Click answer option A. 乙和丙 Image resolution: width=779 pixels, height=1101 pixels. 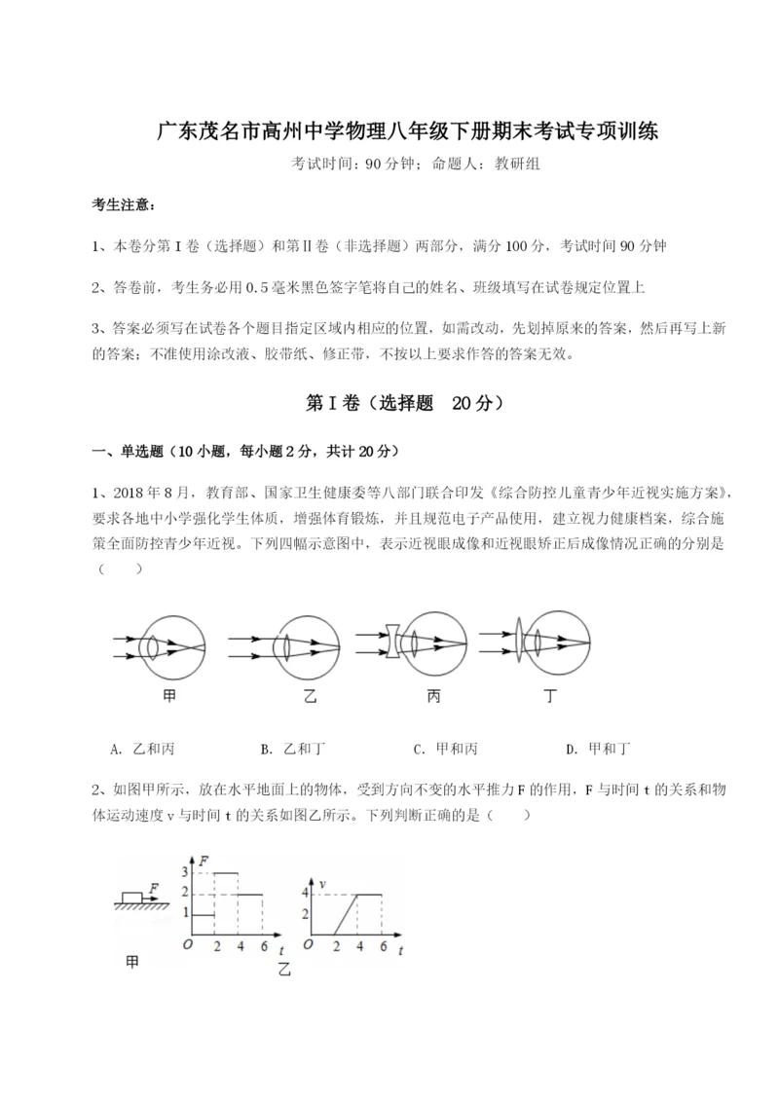(142, 749)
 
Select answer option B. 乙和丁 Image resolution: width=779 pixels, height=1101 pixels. (293, 749)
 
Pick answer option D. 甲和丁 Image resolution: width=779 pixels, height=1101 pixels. (598, 749)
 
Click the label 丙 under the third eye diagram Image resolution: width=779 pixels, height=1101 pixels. (432, 697)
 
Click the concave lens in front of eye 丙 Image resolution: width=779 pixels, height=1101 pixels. (391, 642)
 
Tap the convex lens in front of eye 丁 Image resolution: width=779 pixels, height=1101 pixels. (518, 642)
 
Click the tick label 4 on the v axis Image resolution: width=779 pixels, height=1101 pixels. (305, 893)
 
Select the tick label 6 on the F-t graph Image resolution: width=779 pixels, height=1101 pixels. (261, 946)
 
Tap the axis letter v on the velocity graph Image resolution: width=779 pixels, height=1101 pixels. (322, 884)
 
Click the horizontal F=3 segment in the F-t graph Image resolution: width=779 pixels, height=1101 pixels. (226, 872)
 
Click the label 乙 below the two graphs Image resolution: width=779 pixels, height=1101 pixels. (283, 969)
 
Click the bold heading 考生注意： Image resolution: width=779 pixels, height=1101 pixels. (123, 204)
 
